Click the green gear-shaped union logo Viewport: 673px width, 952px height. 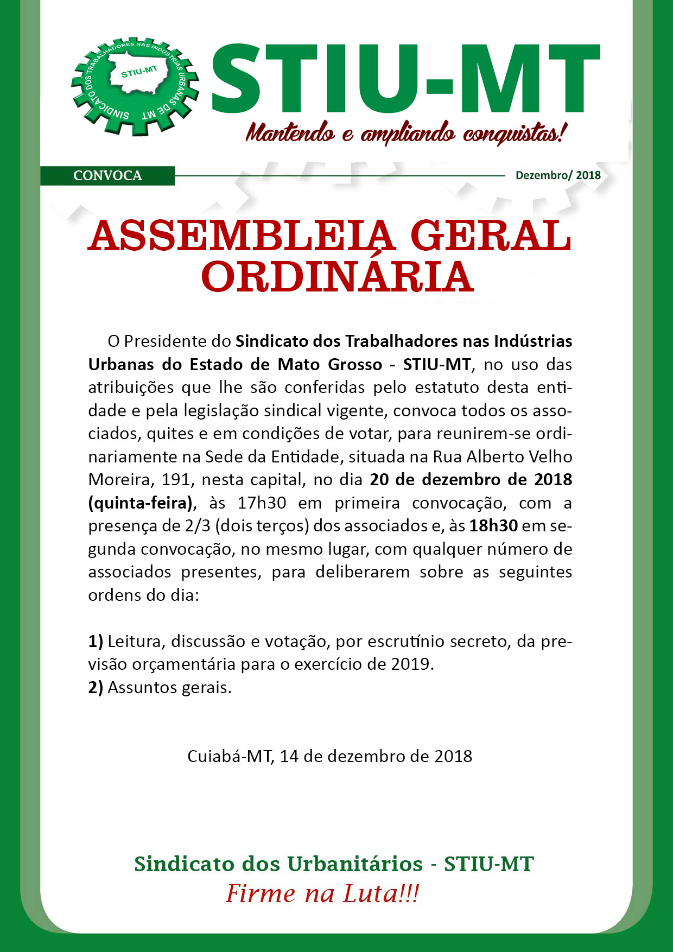(x=135, y=86)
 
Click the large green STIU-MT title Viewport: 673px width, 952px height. (x=405, y=79)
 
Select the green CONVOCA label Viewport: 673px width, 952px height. (x=107, y=176)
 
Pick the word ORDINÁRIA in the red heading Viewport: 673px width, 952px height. (x=337, y=277)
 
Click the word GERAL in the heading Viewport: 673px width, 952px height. (x=491, y=237)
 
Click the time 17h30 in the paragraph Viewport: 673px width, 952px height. (x=262, y=503)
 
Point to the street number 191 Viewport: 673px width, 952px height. (x=176, y=480)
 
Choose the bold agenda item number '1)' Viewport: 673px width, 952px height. (x=96, y=642)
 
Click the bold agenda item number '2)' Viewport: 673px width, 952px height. (x=96, y=688)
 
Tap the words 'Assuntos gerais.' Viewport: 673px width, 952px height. (x=169, y=688)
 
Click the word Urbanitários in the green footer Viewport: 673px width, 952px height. (x=355, y=864)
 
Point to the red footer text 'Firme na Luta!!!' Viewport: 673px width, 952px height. (x=322, y=893)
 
